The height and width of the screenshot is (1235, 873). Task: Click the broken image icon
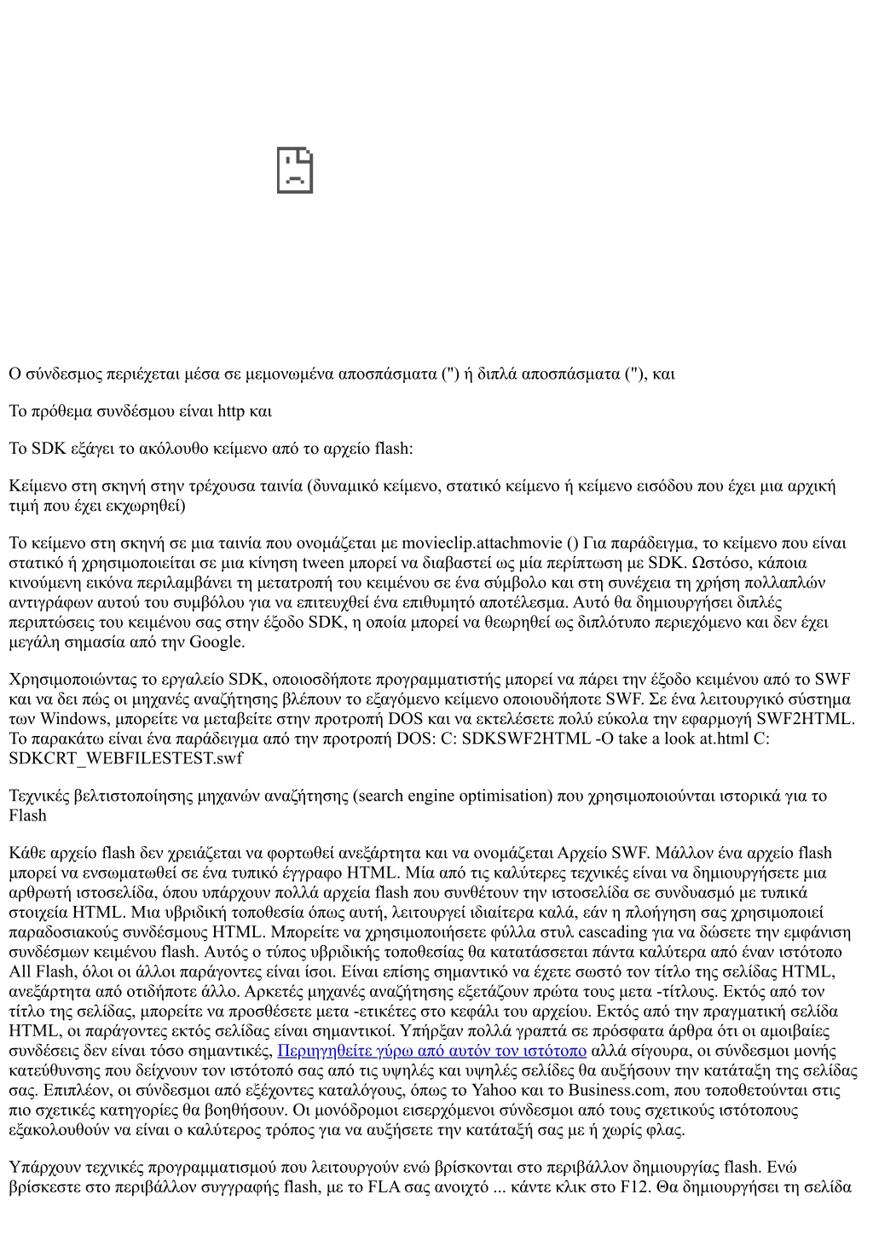(295, 171)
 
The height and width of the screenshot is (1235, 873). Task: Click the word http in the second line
(231, 411)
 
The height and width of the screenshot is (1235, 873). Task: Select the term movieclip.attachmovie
(482, 543)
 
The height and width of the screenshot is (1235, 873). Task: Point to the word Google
(217, 641)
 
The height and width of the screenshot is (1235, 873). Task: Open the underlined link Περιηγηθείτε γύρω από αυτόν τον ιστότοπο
(432, 1051)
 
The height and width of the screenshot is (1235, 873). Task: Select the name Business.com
(611, 1090)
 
